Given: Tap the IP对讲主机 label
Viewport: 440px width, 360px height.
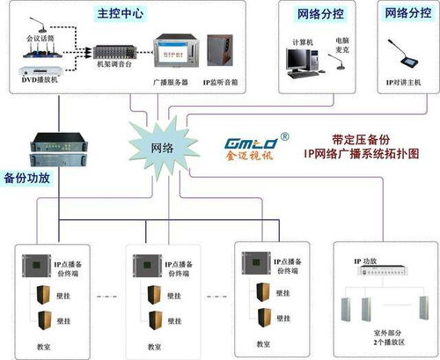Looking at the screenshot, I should pos(401,81).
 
